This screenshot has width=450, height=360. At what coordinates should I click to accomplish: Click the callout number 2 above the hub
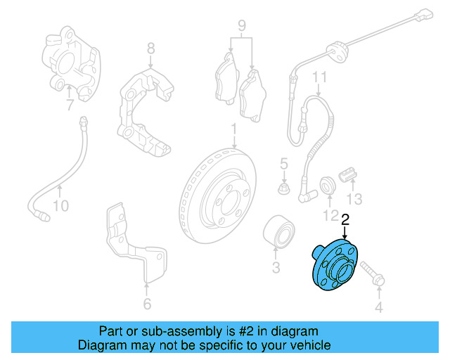click(x=345, y=220)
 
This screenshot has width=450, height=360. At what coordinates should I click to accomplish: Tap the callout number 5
click(x=284, y=165)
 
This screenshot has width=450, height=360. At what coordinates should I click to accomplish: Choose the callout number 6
click(x=146, y=304)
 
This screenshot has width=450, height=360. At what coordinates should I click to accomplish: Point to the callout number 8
click(x=150, y=49)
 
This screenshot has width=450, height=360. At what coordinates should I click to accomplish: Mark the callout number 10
click(x=61, y=206)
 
